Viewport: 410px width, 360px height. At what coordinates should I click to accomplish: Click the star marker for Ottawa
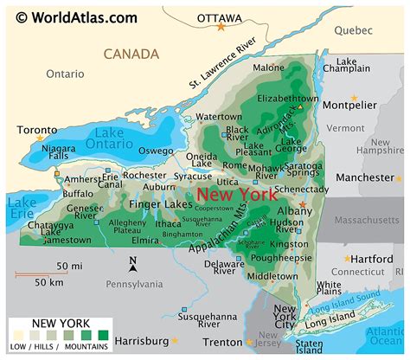(x=221, y=29)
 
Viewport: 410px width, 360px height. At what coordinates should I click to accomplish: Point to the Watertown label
(x=218, y=116)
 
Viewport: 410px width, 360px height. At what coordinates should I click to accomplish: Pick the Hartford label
(x=375, y=259)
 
